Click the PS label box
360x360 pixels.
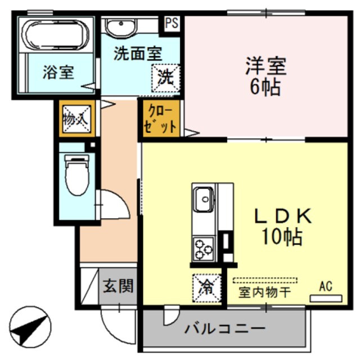click(x=172, y=24)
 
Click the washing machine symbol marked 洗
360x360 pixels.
click(x=165, y=77)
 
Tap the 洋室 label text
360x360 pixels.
click(x=265, y=67)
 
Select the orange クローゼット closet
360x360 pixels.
click(x=160, y=118)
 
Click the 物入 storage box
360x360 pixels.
click(x=73, y=119)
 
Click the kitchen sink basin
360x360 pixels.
click(x=202, y=198)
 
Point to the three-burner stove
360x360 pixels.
click(x=204, y=246)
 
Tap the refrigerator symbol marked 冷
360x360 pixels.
click(x=205, y=287)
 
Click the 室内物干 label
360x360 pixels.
click(x=264, y=292)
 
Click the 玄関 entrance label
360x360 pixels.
click(x=118, y=286)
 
